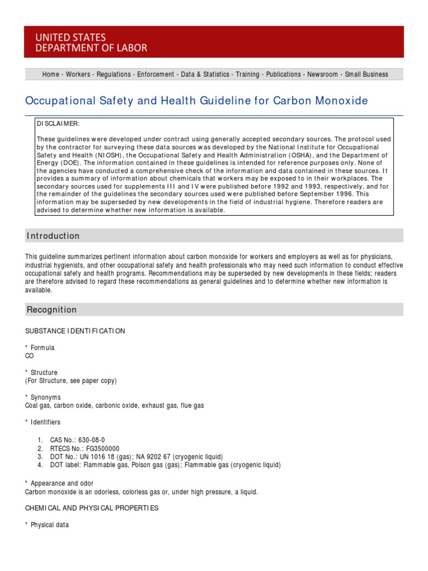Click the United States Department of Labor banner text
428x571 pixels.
pos(91,42)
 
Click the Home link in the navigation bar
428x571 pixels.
pos(51,74)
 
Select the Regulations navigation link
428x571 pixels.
pos(114,74)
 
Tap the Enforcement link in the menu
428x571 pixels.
pos(156,74)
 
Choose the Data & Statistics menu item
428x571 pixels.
pos(205,74)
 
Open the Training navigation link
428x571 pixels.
pos(247,74)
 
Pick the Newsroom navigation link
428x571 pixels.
pos(323,74)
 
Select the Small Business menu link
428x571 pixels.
pos(366,74)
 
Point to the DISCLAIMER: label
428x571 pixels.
pos(58,123)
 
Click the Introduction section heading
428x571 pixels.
pos(53,236)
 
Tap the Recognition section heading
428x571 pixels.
pos(52,310)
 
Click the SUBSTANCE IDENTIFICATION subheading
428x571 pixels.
pos(75,331)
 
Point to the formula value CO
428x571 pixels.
pos(30,356)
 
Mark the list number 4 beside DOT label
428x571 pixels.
pos(40,465)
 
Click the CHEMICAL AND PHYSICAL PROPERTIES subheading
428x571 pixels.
pos(92,508)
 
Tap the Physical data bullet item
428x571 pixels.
pos(50,525)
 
